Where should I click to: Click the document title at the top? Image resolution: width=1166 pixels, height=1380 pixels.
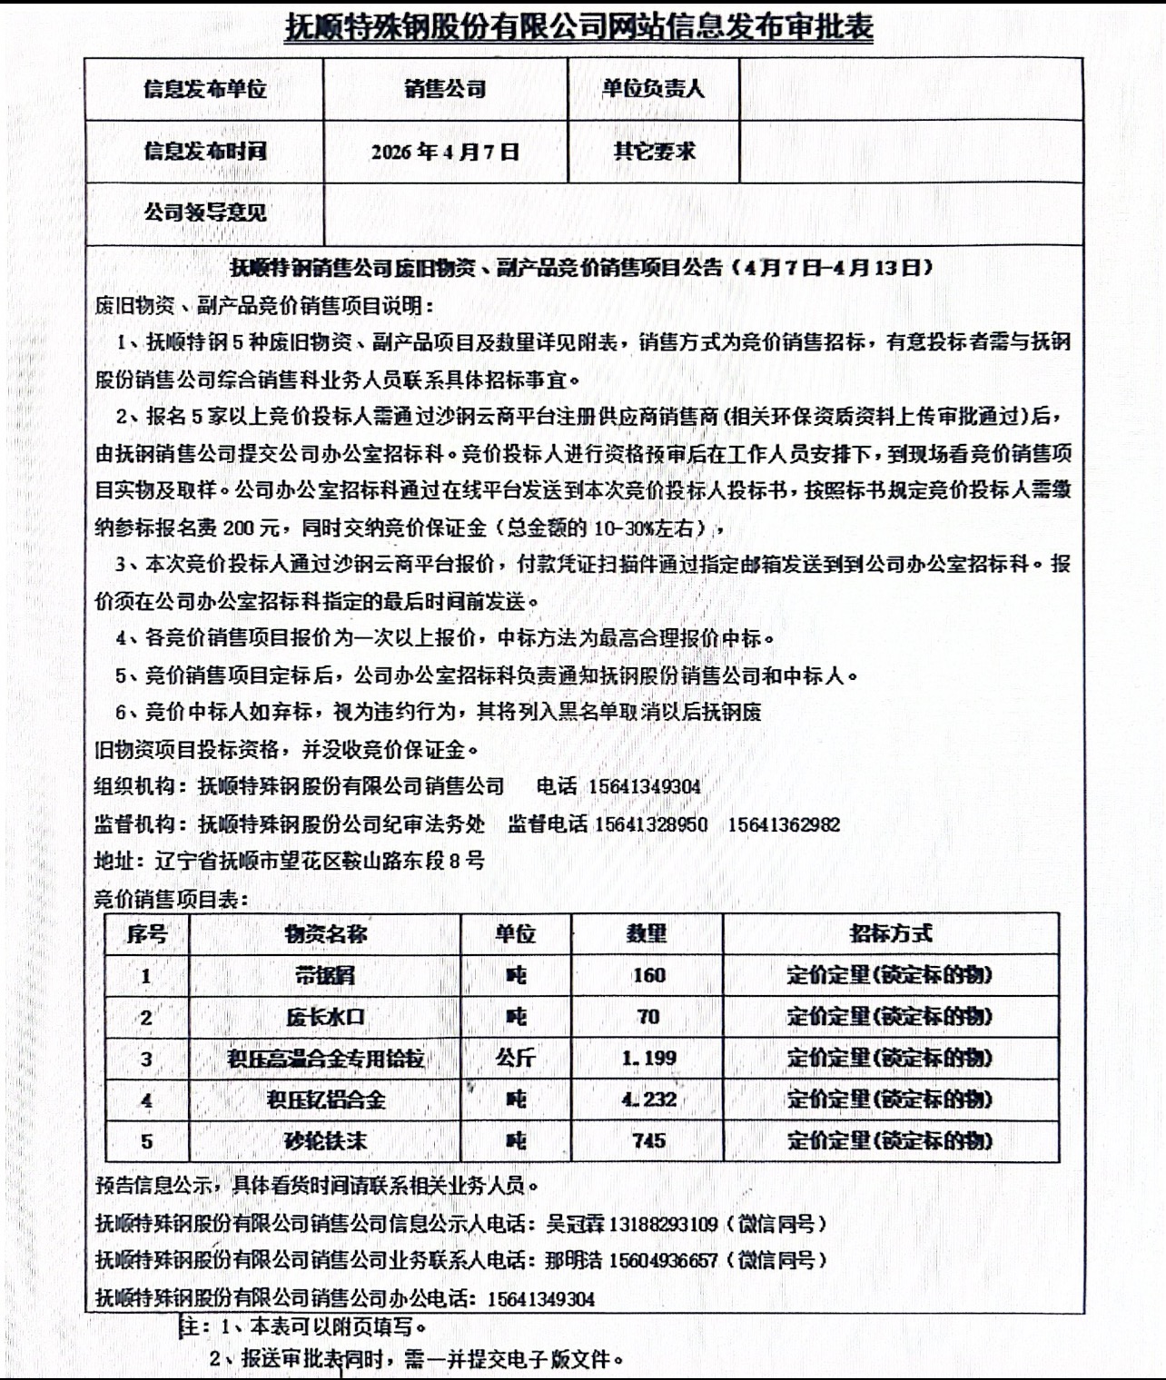(579, 28)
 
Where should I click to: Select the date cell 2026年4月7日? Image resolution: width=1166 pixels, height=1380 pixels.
(445, 152)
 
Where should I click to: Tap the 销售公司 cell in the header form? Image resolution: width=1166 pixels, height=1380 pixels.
(445, 89)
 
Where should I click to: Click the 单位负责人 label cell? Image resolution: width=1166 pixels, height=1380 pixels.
(653, 89)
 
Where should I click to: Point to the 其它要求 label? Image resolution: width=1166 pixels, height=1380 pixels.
(653, 152)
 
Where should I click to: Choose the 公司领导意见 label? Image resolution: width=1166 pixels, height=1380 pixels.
(204, 213)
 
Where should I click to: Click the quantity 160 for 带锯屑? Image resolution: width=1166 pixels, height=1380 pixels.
(648, 976)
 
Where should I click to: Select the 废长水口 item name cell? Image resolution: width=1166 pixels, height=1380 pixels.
(325, 1018)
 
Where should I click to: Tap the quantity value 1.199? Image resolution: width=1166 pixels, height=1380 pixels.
(648, 1059)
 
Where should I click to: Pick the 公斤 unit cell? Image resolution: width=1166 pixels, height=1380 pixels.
(515, 1059)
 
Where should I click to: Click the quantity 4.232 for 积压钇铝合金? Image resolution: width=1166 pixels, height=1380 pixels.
(648, 1099)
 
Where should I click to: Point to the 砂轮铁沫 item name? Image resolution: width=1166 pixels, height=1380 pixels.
(325, 1141)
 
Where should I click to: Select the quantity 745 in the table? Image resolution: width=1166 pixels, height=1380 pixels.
(648, 1141)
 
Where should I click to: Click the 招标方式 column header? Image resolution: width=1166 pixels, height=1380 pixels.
(890, 934)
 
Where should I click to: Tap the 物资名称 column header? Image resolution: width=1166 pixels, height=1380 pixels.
(325, 934)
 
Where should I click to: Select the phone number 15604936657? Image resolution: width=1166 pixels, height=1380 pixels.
(664, 1261)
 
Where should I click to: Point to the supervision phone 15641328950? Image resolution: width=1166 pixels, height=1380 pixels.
(651, 824)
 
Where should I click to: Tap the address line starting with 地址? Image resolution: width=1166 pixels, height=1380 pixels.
(290, 861)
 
